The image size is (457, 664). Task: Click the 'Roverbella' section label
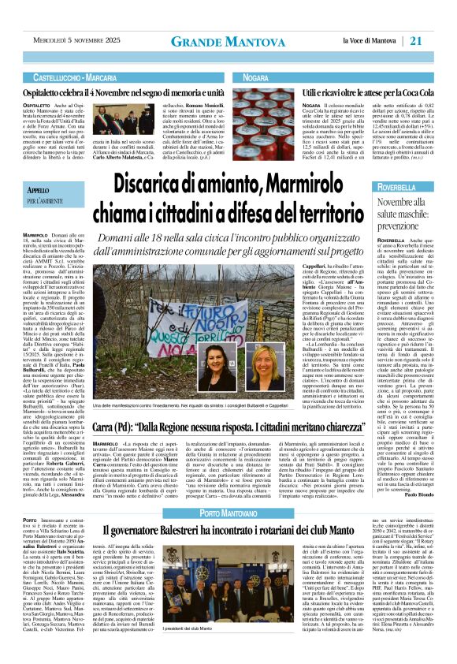403,188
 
